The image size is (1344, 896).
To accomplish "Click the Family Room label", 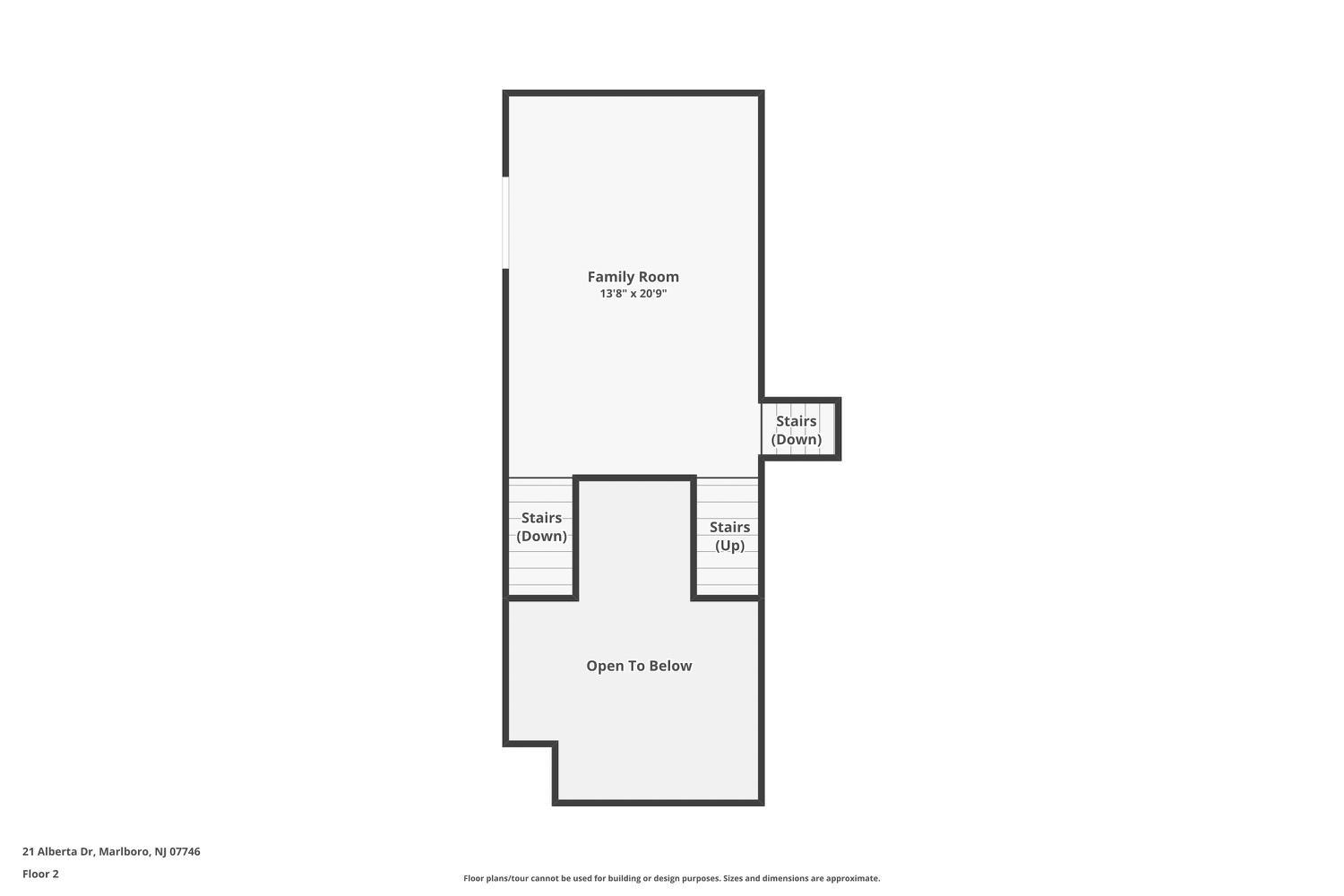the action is click(x=633, y=277).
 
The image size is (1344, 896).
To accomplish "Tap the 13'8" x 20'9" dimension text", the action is click(x=633, y=294).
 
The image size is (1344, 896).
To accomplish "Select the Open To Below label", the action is click(x=639, y=666).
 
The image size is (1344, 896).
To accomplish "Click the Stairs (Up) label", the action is click(x=729, y=536).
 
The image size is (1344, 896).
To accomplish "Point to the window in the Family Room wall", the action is click(x=506, y=222).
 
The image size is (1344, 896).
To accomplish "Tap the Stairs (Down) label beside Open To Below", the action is click(x=541, y=526).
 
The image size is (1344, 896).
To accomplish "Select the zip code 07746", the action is click(x=185, y=851).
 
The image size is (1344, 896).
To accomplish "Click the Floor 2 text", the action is click(x=41, y=874).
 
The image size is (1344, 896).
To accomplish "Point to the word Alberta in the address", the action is click(x=57, y=851).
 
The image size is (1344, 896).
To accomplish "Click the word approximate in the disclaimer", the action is click(x=853, y=879).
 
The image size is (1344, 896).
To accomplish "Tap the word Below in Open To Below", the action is click(x=674, y=666).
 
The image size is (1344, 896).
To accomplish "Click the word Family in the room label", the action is click(x=607, y=277).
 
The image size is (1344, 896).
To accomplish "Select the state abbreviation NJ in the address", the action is click(x=160, y=851).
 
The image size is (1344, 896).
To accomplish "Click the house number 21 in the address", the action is click(x=28, y=851).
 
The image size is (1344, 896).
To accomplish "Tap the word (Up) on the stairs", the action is click(x=729, y=546).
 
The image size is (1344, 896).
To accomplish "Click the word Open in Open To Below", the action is click(x=604, y=667).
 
